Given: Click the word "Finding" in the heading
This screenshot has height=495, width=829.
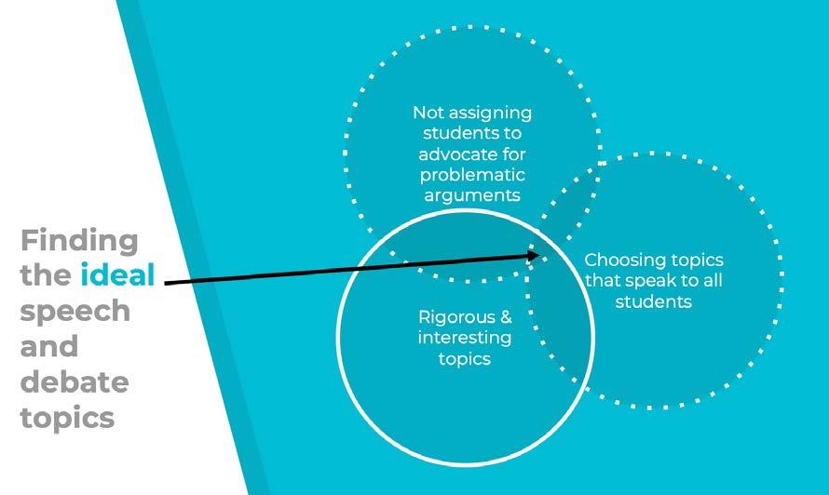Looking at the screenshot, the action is (79, 241).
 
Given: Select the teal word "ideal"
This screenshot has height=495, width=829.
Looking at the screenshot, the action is (116, 276).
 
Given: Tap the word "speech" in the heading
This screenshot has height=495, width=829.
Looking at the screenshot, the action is (75, 312).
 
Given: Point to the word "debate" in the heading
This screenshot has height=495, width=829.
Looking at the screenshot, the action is (75, 381).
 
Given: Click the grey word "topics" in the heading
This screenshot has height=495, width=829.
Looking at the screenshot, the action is (67, 417).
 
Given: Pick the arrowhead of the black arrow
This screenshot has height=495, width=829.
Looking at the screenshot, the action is (537, 253).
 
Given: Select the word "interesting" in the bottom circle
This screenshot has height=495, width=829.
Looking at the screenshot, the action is (464, 337).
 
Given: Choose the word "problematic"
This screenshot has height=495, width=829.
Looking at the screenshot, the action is (472, 174).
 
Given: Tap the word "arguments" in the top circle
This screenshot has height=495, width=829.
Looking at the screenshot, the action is (472, 194).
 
